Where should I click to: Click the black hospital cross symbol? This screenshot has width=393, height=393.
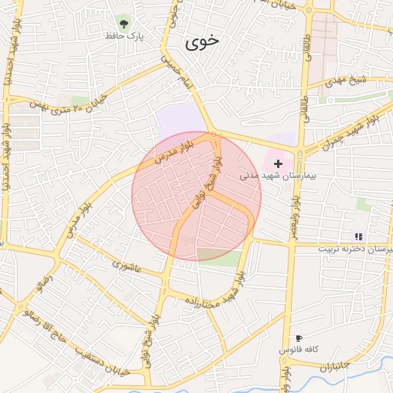coord(278,163)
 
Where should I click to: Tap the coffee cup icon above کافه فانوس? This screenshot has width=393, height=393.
coord(299,339)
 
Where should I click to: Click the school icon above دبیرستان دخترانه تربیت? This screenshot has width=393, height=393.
coord(358,236)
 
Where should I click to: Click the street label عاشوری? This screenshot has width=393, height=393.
coord(127,266)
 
